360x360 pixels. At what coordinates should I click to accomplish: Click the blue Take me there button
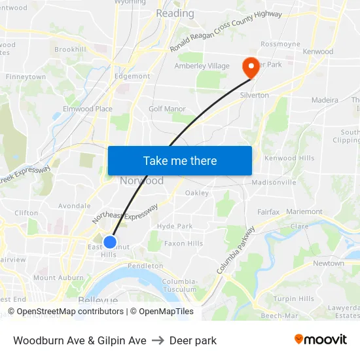[x=179, y=160]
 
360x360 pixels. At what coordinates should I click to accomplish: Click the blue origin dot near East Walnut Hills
[x=110, y=242]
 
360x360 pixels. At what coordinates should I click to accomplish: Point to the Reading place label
[x=175, y=13]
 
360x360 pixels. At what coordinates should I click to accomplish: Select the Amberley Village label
[x=202, y=66]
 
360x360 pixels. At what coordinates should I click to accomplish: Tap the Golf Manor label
[x=167, y=109]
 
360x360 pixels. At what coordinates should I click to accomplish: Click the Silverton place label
[x=255, y=95]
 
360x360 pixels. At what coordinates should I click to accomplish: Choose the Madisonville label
[x=274, y=182]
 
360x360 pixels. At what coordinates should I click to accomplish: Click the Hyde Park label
[x=175, y=226]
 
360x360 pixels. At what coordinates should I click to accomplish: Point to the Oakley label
[x=196, y=193]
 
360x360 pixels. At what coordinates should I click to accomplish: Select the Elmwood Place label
[x=87, y=109]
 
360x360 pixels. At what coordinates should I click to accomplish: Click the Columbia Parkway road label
[x=234, y=251]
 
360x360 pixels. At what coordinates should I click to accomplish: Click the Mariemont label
[x=304, y=212]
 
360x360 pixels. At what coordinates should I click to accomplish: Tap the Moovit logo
[x=320, y=340]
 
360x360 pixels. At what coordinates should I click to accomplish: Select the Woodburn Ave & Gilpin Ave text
[x=79, y=340]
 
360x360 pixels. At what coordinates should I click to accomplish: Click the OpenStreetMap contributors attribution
[x=70, y=312]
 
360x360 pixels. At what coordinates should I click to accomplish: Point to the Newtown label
[x=328, y=263]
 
